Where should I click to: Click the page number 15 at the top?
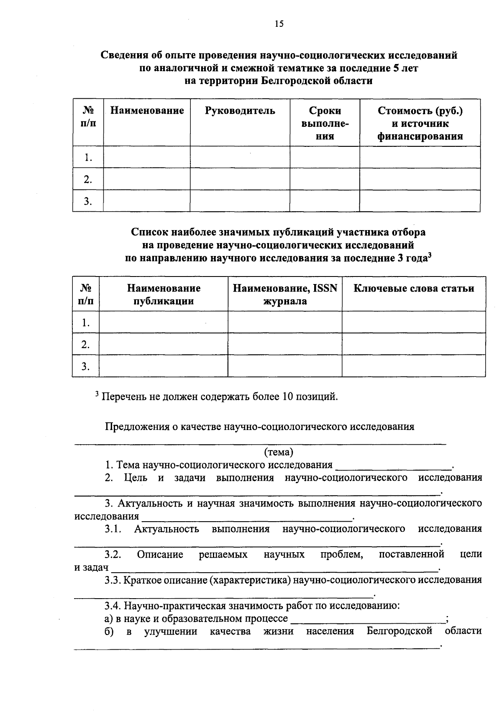point(279,24)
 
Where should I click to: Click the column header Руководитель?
point(240,111)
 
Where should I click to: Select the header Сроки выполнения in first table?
point(325,123)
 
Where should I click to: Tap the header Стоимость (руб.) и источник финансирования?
point(420,123)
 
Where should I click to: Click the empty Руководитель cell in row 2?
point(240,179)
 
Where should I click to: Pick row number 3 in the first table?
point(87,201)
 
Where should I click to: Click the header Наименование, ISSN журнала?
point(284,294)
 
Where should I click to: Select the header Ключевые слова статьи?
point(414,289)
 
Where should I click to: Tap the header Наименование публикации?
point(164,294)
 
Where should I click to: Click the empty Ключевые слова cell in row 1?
point(414,322)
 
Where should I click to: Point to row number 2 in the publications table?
point(86,344)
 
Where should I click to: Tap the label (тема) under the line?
point(279,452)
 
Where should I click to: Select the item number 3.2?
point(113,555)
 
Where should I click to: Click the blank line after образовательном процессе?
point(368,619)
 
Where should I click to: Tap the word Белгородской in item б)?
point(399,631)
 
